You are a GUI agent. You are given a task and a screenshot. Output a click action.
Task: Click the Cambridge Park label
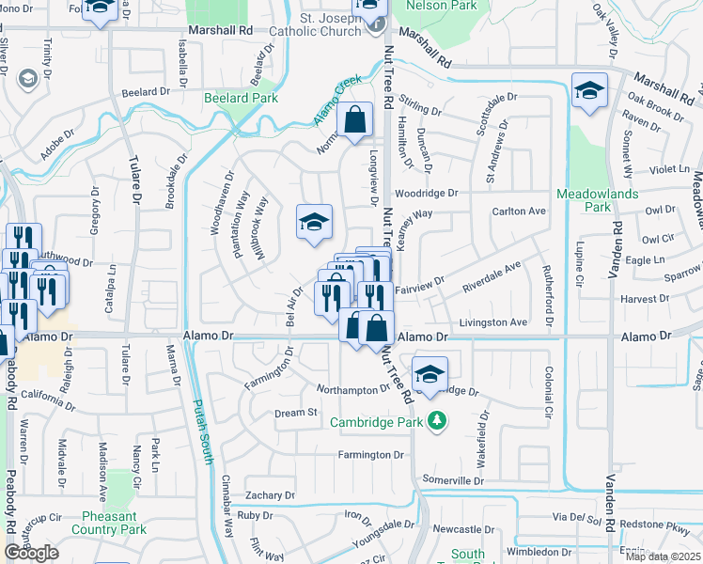click(377, 421)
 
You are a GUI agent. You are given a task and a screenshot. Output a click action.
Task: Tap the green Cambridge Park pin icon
click(435, 420)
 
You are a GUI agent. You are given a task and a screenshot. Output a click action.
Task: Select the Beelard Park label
click(242, 98)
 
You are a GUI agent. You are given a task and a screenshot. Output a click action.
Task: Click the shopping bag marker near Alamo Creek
click(354, 120)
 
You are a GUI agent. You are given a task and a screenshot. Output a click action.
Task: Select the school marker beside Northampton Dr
click(430, 373)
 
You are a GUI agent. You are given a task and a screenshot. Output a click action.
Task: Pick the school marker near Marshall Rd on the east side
click(589, 90)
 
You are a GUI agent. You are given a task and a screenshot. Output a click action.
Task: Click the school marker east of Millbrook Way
click(314, 222)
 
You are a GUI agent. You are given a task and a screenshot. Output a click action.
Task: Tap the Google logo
click(32, 553)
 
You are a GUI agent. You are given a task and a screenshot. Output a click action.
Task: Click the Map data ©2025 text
click(663, 556)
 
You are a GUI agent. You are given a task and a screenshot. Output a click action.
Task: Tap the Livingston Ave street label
click(492, 322)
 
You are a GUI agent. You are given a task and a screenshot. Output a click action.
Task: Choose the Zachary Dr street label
click(270, 495)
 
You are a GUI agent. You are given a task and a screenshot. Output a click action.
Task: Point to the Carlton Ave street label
click(519, 211)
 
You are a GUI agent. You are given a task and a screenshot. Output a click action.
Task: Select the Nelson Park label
click(441, 6)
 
